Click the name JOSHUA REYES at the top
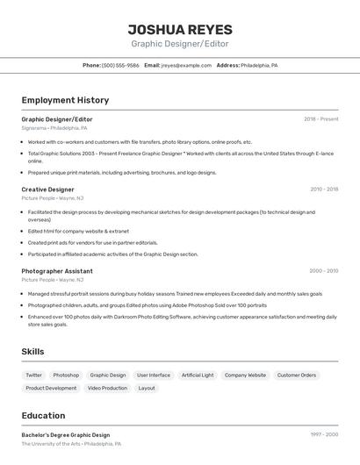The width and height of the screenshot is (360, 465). tap(179, 29)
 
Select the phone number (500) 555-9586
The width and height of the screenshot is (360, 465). tap(120, 65)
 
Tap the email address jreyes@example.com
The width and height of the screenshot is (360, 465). tap(187, 65)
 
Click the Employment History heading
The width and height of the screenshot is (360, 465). tap(65, 101)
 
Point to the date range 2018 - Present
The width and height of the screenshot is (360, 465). tap(320, 118)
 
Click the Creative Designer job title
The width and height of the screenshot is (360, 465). tap(47, 189)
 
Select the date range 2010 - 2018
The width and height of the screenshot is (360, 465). tap(323, 189)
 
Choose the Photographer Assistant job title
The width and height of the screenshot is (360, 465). tap(57, 271)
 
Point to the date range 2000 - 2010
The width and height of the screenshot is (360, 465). tap(323, 271)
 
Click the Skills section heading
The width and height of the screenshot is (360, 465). tap(33, 352)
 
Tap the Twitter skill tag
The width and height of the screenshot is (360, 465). tap(33, 375)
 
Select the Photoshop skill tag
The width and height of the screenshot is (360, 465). tap(66, 375)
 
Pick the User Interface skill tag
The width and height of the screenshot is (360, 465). tap(154, 375)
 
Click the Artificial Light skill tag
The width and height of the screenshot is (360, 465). tap(198, 375)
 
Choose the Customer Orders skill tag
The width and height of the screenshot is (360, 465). tap(296, 375)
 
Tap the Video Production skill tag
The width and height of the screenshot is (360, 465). tap(107, 388)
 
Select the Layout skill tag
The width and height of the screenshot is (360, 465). tap(147, 388)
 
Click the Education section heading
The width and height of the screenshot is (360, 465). tap(43, 416)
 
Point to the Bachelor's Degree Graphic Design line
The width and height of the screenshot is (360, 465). tap(66, 435)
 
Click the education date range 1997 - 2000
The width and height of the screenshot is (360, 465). tap(323, 435)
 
